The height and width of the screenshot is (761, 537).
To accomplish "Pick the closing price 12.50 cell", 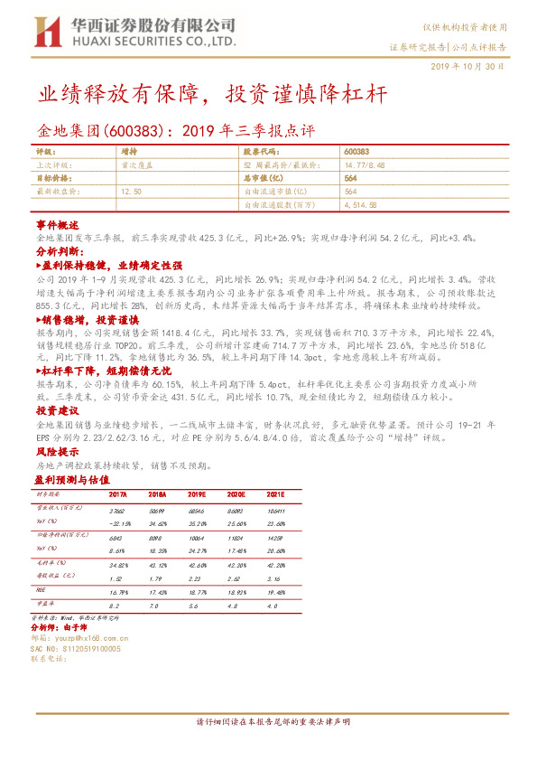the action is click(x=131, y=192).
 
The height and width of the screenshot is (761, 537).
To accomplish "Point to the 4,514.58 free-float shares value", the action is click(x=361, y=205).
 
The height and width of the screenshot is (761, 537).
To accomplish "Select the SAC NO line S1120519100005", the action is click(x=76, y=648).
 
